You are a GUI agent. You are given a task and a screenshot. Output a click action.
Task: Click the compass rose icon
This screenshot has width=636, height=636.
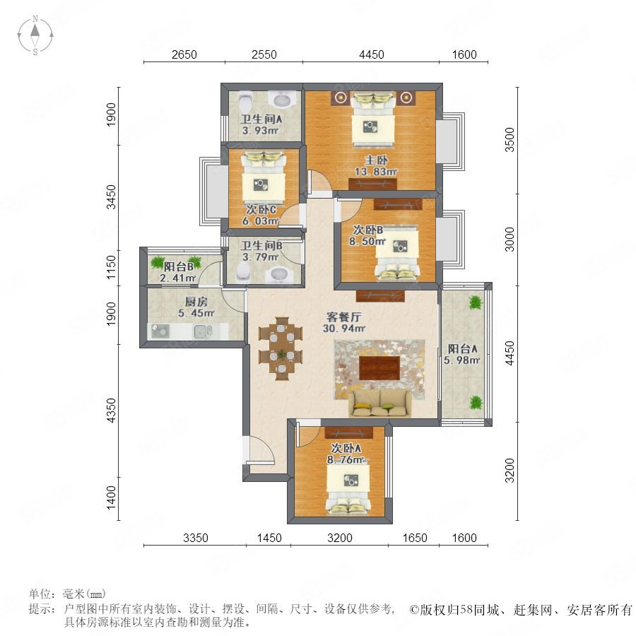pyautogui.click(x=35, y=35)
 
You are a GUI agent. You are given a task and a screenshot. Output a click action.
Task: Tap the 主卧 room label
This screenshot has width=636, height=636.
pyautogui.click(x=376, y=160)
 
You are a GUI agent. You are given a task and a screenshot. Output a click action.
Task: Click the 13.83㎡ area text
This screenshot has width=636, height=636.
pyautogui.click(x=376, y=172)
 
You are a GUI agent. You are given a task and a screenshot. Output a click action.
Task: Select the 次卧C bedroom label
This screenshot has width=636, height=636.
pyautogui.click(x=261, y=210)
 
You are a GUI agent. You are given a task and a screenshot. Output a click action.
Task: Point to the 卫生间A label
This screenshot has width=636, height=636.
pyautogui.click(x=261, y=119)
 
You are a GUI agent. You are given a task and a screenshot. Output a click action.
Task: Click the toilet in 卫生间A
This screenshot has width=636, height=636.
pyautogui.click(x=245, y=103)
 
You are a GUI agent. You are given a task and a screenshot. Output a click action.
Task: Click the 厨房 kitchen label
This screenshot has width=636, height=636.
pyautogui.click(x=196, y=302)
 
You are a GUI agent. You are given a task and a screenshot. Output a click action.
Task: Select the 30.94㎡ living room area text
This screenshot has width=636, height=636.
pyautogui.click(x=344, y=328)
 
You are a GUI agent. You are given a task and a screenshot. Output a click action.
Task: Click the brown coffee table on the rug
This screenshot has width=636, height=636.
pyautogui.click(x=379, y=368)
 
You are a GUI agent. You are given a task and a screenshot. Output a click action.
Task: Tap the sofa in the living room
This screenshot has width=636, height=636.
pyautogui.click(x=379, y=404)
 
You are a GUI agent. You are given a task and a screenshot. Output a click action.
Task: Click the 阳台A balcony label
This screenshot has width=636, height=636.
pyautogui.click(x=462, y=348)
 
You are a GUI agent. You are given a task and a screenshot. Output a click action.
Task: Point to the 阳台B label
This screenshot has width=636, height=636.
pyautogui.click(x=179, y=266)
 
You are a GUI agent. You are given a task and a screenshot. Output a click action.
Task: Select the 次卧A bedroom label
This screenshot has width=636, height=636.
pyautogui.click(x=346, y=448)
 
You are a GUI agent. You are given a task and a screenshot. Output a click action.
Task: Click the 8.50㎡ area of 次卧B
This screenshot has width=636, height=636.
pyautogui.click(x=367, y=242)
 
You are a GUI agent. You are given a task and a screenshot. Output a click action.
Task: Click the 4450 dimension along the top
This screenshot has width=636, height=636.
pyautogui.click(x=371, y=54)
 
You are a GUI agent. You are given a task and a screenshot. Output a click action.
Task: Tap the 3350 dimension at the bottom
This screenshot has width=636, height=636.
pyautogui.click(x=196, y=538)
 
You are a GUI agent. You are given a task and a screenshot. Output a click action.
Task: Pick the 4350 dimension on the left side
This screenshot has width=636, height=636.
pyautogui.click(x=111, y=410)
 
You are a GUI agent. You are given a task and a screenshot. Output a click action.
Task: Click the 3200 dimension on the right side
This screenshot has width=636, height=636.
pyautogui.click(x=510, y=471)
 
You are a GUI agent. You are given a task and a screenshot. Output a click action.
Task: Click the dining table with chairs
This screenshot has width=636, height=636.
pyautogui.click(x=281, y=348)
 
